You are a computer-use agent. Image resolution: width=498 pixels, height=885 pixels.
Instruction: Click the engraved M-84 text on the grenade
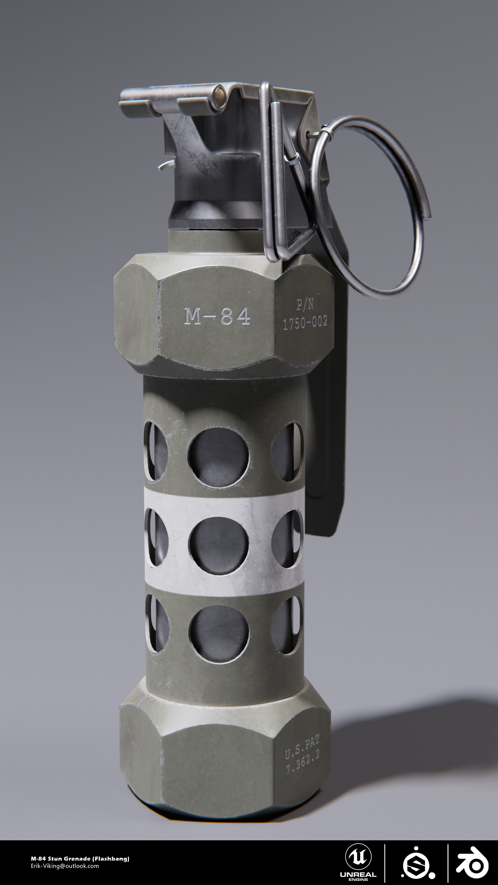pyautogui.click(x=217, y=316)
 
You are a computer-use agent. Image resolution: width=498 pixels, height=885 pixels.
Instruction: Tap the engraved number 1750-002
pyautogui.click(x=305, y=323)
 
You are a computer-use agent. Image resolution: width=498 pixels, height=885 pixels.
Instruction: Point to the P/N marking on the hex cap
pyautogui.click(x=305, y=304)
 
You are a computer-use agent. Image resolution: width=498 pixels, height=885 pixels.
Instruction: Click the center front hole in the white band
pyautogui.click(x=219, y=546)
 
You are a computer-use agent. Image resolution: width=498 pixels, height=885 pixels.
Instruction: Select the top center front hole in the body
pyautogui.click(x=219, y=457)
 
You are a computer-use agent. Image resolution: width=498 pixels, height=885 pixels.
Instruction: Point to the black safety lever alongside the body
pyautogui.click(x=327, y=447)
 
